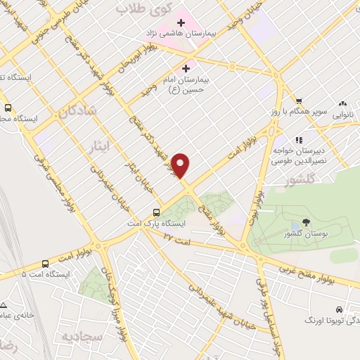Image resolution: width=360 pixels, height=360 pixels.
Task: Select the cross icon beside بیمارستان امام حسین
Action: tap(186, 68)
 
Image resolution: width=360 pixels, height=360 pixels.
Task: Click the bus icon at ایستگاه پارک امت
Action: tap(156, 212)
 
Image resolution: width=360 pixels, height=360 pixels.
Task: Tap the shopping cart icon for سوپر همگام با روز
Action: tap(298, 101)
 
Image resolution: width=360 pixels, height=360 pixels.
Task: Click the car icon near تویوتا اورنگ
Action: tap(340, 309)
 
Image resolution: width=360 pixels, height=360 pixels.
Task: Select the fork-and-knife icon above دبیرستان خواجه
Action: tap(298, 139)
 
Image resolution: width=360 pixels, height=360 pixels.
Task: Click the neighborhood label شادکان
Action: tap(75, 111)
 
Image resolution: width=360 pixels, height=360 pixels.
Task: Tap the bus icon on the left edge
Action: tap(8, 108)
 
